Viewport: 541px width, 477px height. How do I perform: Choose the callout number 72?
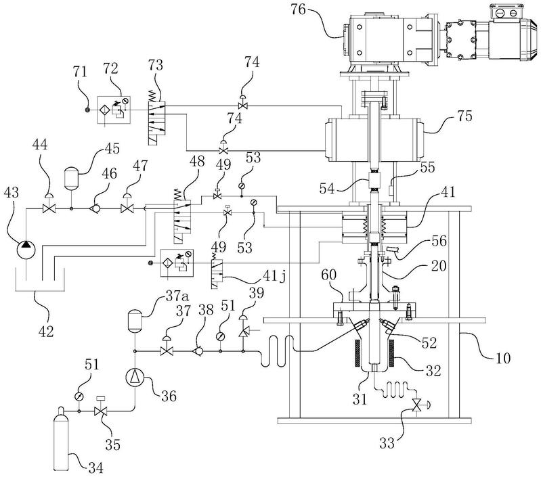pos(109,70)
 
